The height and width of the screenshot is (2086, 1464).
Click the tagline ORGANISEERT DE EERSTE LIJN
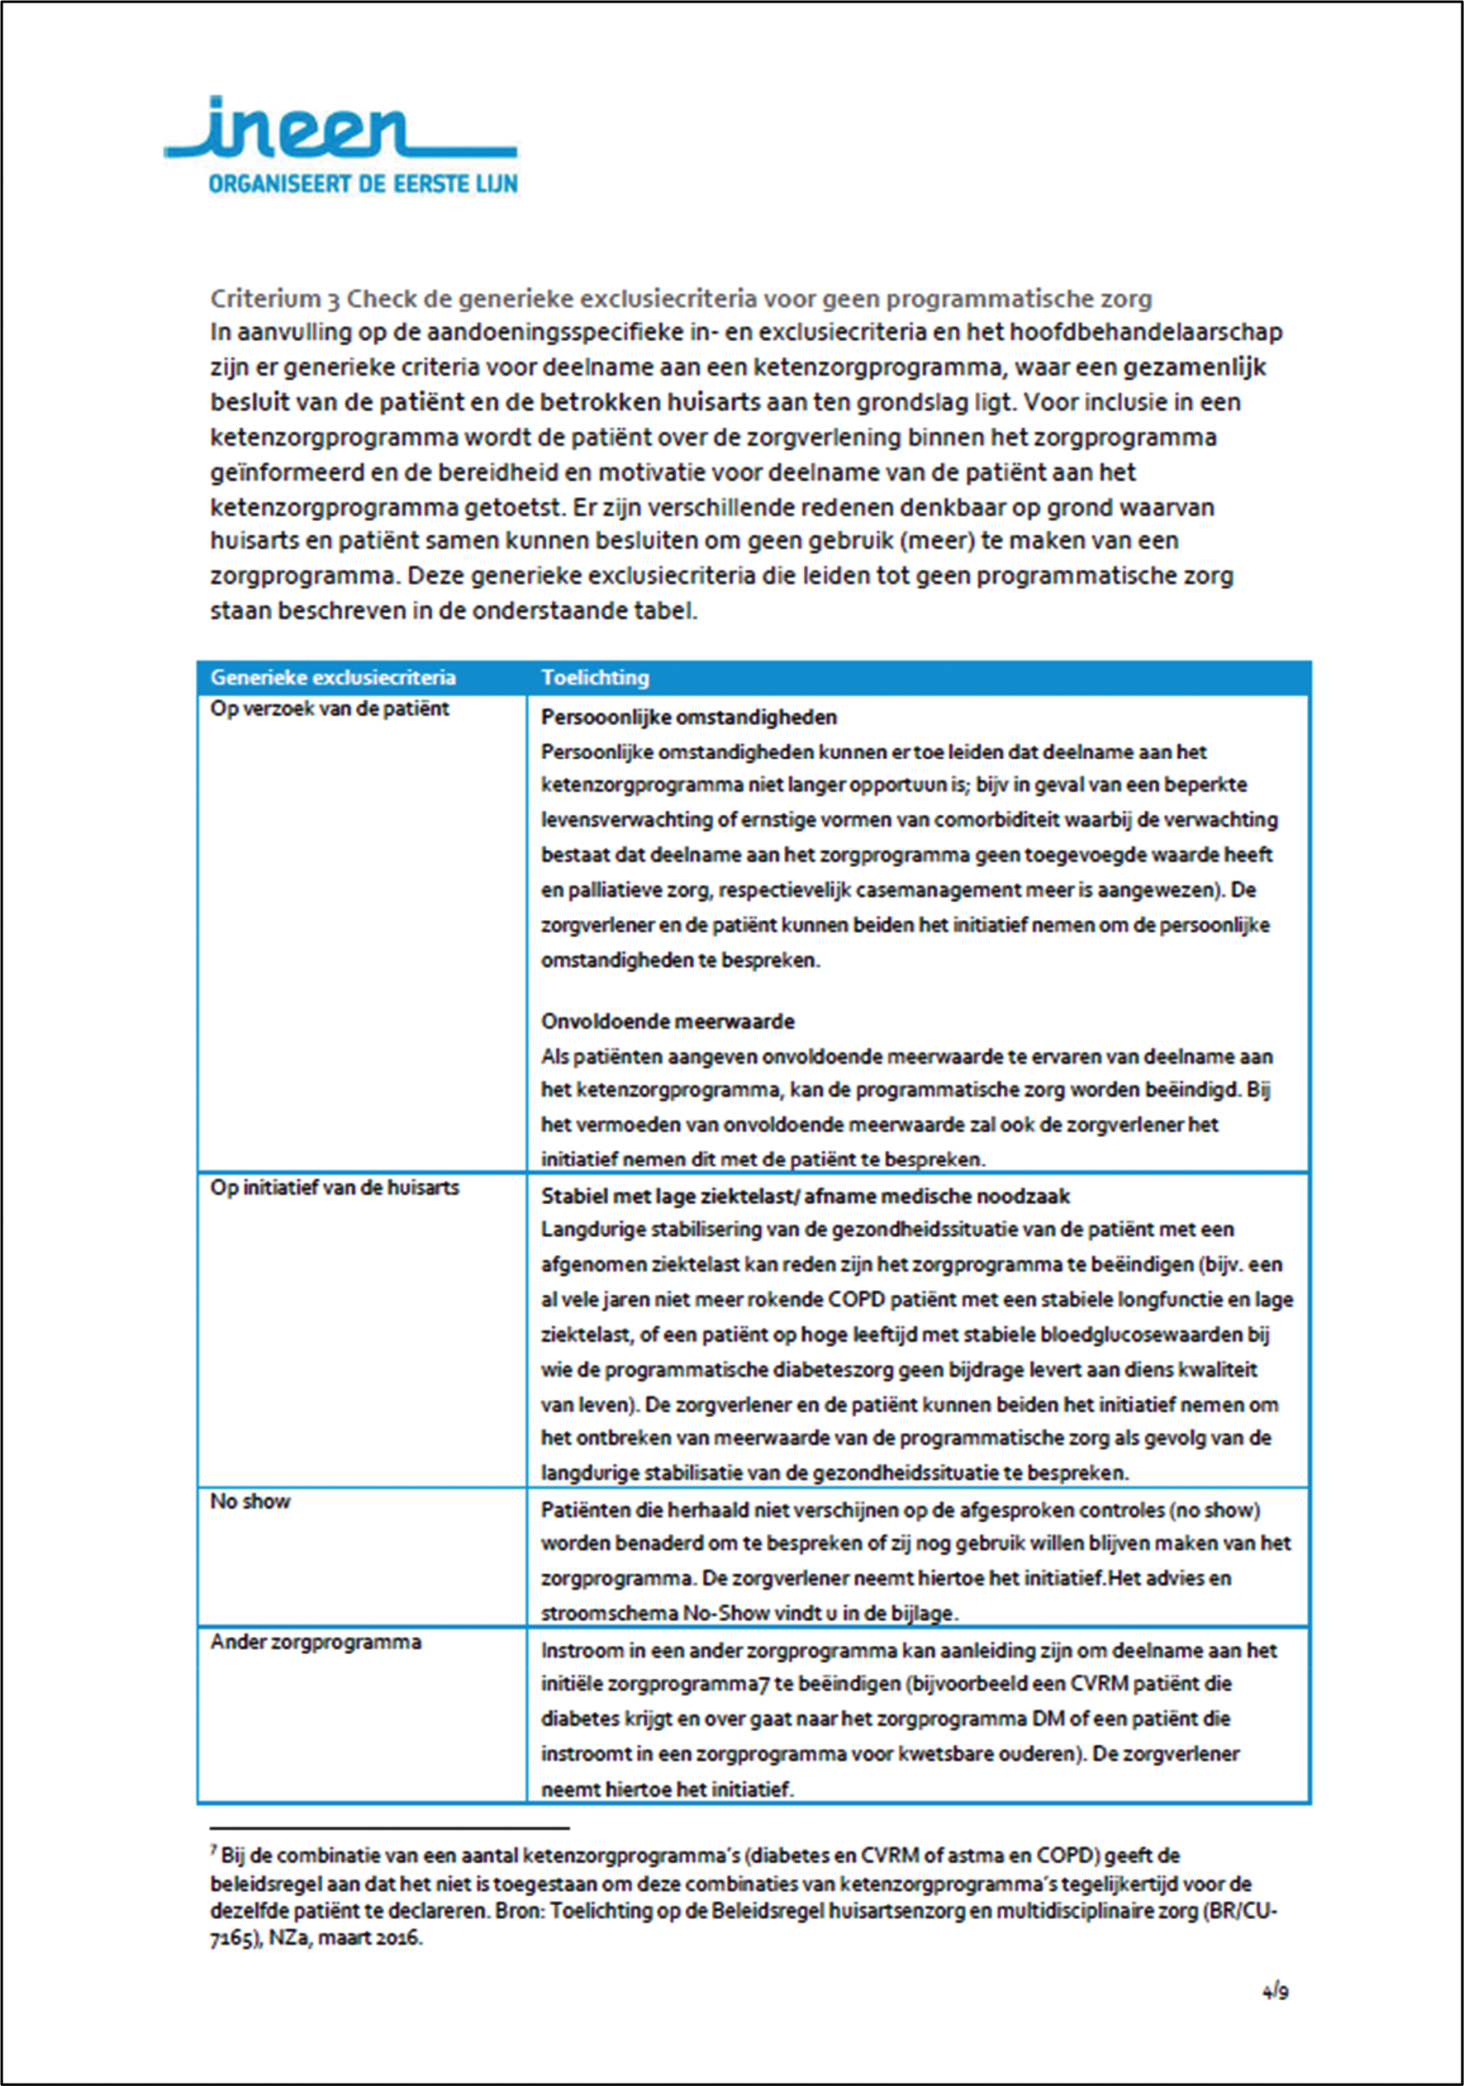coord(363,183)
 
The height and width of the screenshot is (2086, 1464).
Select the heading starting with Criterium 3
coord(681,298)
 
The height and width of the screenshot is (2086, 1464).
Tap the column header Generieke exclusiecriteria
coord(333,678)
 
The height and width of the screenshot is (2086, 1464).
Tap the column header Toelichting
coord(595,678)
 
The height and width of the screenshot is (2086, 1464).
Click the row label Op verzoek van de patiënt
coord(329,709)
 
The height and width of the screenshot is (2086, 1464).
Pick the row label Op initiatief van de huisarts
coord(335,1188)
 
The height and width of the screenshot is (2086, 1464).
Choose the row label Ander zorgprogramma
coord(316,1642)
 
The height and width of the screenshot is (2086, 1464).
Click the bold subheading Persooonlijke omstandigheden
coord(689,718)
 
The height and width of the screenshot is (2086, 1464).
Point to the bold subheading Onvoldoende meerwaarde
coord(668,1022)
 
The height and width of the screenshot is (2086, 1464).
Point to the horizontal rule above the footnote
coord(389,1827)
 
